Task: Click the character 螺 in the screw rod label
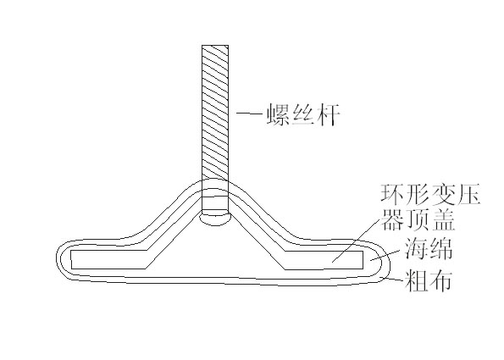click(x=279, y=114)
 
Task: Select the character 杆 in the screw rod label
click(x=328, y=114)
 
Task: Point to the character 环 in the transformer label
click(x=392, y=195)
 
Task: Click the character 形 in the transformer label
click(x=418, y=195)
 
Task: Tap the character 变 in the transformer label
click(x=443, y=195)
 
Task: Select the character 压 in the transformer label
click(x=468, y=195)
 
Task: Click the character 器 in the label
click(x=392, y=219)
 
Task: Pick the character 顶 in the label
click(x=418, y=219)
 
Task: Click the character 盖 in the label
click(x=443, y=219)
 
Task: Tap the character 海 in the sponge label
click(x=416, y=248)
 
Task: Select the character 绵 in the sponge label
click(x=440, y=248)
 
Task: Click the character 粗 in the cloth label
click(x=416, y=280)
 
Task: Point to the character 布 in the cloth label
click(x=440, y=280)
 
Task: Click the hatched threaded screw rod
click(x=215, y=113)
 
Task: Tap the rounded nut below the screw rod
click(x=215, y=219)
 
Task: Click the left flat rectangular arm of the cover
click(x=108, y=259)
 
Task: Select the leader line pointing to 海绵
click(x=386, y=255)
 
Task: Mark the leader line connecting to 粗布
click(x=391, y=279)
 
